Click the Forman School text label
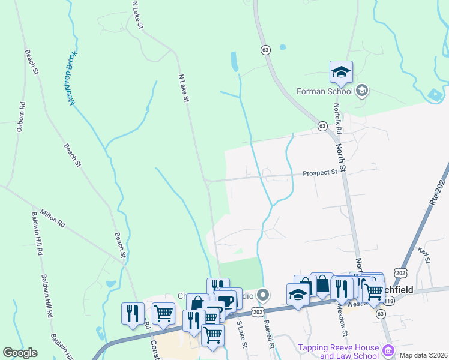(324, 92)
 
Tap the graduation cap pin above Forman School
(341, 72)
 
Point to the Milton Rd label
(53, 218)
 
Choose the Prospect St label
(320, 172)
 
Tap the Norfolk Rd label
(337, 118)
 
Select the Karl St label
(426, 255)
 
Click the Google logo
(20, 353)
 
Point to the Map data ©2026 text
(423, 355)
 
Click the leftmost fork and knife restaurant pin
(133, 313)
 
